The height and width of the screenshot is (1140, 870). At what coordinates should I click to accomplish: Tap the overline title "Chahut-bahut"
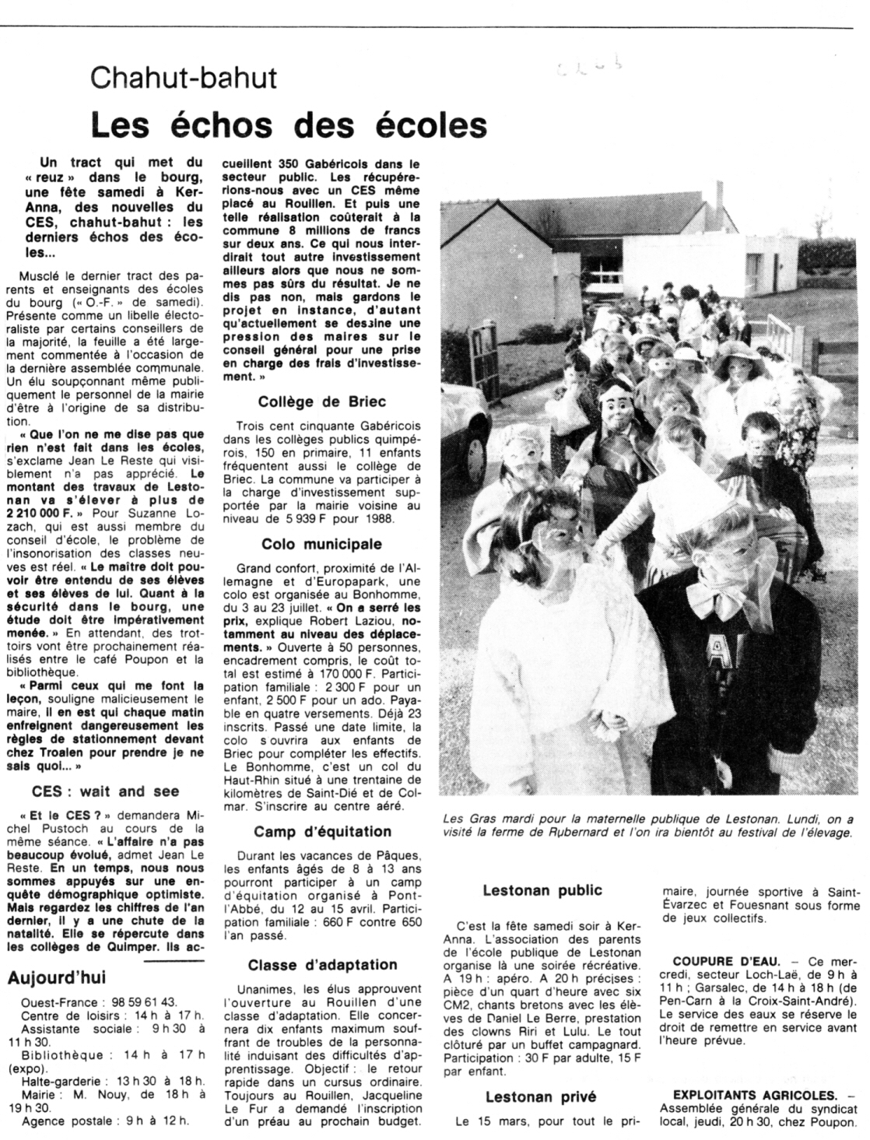click(x=184, y=78)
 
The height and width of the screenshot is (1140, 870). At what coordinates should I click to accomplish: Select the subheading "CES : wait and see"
click(x=105, y=791)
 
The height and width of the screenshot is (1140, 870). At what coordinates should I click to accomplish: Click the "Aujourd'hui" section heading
click(x=56, y=978)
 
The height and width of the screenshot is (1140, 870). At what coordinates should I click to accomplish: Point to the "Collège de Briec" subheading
click(x=322, y=402)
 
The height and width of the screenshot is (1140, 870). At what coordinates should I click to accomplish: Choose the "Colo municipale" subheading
click(x=322, y=544)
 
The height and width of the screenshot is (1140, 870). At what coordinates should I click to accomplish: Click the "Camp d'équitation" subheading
click(x=322, y=831)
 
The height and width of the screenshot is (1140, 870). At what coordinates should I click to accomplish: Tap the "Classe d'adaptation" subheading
click(x=322, y=965)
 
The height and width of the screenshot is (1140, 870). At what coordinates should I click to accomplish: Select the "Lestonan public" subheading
click(x=542, y=890)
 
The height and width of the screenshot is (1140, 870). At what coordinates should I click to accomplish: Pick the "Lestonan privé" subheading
click(x=542, y=1097)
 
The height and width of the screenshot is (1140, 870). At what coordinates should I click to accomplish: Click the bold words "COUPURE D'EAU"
click(x=727, y=959)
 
